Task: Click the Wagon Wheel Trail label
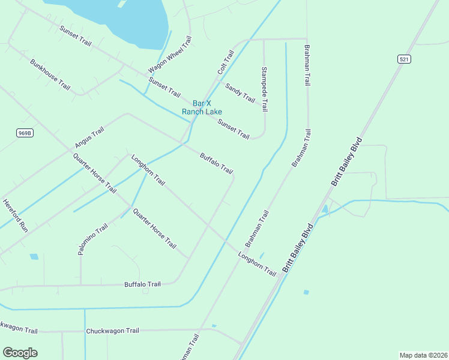[170, 55]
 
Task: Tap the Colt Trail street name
[226, 62]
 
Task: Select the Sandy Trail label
[240, 92]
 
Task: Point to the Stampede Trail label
[264, 89]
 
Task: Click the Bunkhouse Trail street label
[50, 74]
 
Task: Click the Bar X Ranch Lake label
[202, 107]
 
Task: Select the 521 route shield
[403, 59]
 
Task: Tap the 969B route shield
[25, 133]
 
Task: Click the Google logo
[20, 352]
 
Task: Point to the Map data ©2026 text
[423, 355]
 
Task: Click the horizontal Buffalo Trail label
[142, 284]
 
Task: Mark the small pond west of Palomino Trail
[34, 257]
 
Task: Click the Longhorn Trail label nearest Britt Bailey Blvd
[257, 264]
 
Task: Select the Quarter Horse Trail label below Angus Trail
[95, 173]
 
